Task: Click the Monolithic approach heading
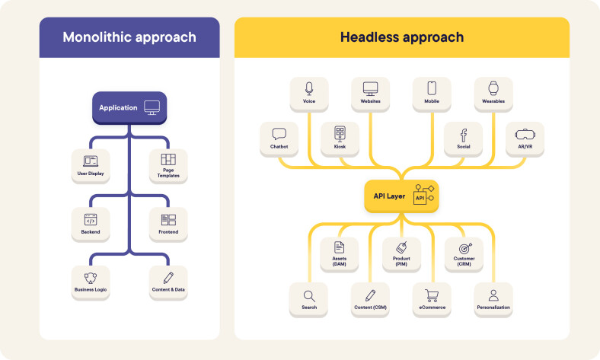[129, 37]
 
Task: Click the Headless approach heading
[401, 37]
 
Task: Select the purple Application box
[129, 108]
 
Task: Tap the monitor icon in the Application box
[152, 108]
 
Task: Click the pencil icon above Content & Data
[168, 278]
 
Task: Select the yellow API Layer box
[401, 196]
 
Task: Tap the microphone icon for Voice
[308, 88]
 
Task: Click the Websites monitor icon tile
[370, 88]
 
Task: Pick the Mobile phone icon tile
[432, 88]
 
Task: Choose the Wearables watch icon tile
[493, 88]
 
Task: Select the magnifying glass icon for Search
[308, 296]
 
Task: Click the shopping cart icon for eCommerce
[432, 296]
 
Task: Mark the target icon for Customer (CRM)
[463, 247]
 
